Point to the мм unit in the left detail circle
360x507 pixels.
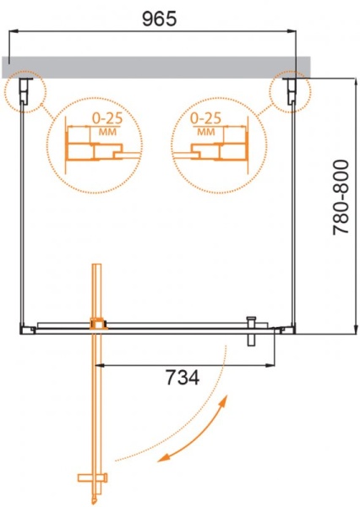pos(106,133)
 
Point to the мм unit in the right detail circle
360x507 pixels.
pos(207,133)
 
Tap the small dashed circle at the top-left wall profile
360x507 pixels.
pos(24,91)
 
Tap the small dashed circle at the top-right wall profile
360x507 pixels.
pos(290,91)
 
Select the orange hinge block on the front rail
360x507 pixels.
pos(98,323)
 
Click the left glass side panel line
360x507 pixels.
pos(22,211)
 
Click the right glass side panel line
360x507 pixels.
pos(293,211)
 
